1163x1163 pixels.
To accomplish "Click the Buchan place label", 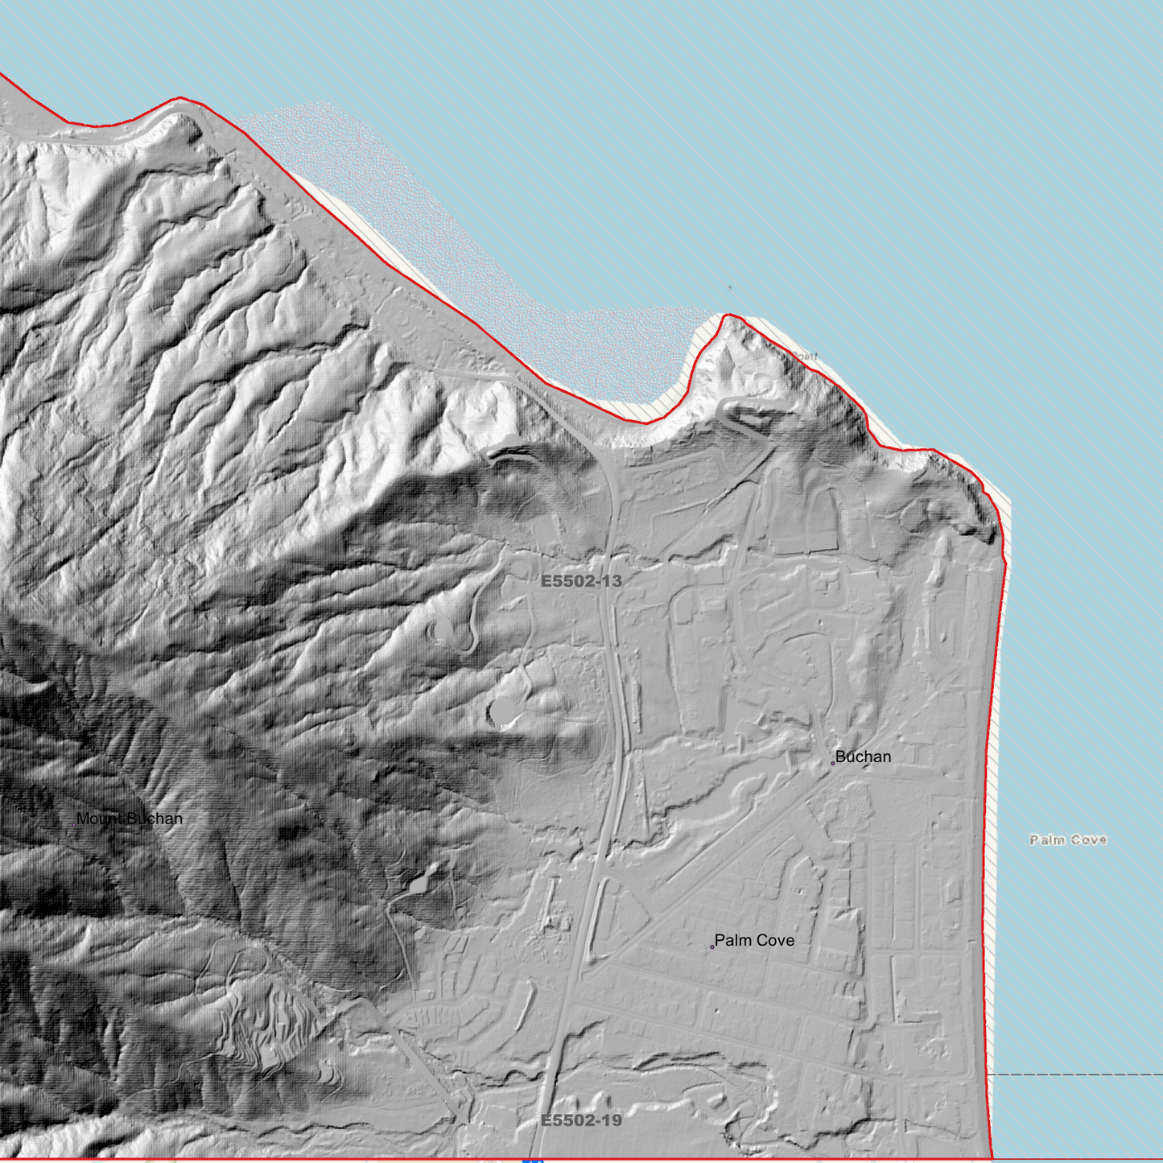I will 863,757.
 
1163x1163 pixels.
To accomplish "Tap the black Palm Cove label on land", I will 754,940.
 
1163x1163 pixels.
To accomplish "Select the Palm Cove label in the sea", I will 1068,839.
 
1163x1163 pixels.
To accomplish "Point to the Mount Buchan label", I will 129,819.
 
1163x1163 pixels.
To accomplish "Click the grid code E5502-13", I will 581,581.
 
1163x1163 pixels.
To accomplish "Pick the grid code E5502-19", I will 581,1120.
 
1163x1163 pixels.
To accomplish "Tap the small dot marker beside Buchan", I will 833,763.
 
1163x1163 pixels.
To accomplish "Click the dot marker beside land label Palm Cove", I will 712,947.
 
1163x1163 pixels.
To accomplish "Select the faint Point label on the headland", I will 804,356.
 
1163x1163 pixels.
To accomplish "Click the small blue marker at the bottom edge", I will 533,1160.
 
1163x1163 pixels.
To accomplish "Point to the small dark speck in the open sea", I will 730,287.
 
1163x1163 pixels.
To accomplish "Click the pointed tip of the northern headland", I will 727,315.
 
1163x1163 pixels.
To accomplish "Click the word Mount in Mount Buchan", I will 99,819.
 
